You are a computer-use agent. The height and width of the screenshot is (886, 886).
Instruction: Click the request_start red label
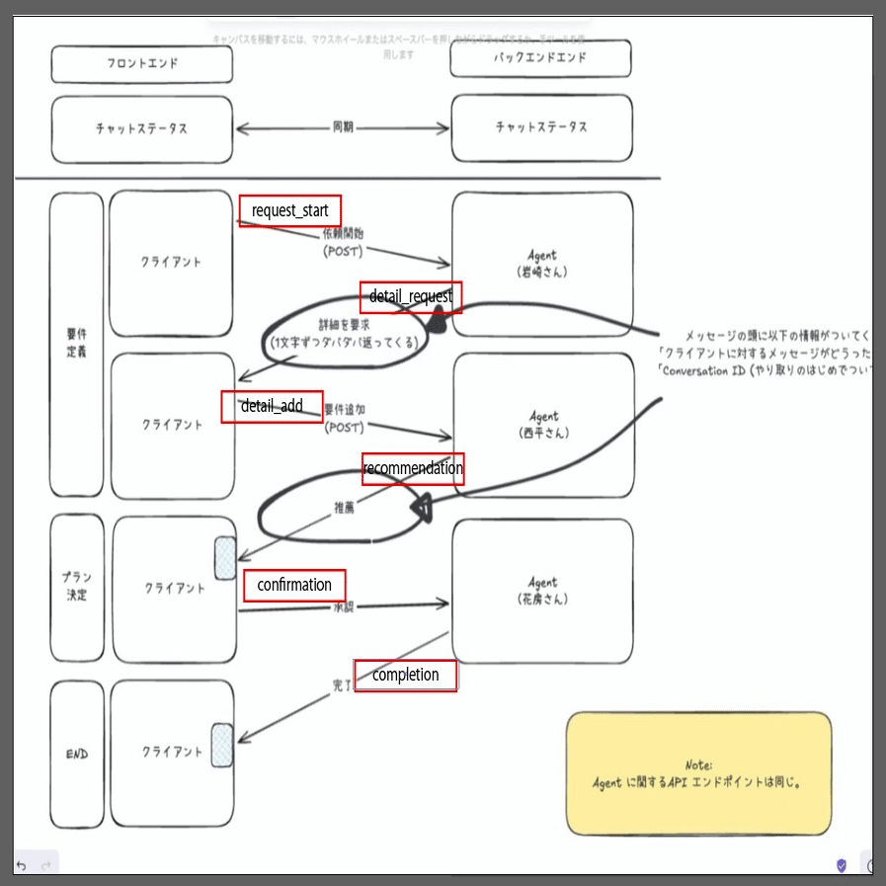click(290, 210)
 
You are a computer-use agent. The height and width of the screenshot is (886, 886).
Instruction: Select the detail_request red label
click(411, 296)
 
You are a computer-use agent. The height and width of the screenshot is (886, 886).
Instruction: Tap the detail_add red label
click(272, 406)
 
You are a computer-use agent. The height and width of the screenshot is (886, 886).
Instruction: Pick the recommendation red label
click(413, 468)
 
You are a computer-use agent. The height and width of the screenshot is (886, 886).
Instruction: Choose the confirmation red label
click(294, 585)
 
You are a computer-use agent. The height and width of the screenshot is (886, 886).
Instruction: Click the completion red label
click(405, 675)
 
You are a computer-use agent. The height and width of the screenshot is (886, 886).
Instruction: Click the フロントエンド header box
click(142, 64)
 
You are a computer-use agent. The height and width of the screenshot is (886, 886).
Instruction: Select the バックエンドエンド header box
click(540, 58)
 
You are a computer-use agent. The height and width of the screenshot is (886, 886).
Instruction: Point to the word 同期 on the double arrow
click(343, 127)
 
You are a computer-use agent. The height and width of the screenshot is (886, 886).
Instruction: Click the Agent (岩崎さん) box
click(542, 264)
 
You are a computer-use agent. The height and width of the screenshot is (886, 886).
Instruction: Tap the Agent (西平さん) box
click(542, 425)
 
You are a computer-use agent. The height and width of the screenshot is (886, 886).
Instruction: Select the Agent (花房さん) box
click(542, 591)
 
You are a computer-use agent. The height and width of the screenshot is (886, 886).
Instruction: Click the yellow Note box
click(698, 773)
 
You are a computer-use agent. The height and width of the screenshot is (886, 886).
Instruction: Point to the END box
click(76, 754)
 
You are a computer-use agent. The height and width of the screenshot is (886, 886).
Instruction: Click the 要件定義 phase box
click(76, 344)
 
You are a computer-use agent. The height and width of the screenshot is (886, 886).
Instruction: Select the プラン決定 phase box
click(76, 588)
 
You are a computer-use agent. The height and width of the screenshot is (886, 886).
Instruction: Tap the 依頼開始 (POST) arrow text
click(344, 243)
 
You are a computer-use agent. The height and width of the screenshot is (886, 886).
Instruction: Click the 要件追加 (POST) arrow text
click(344, 418)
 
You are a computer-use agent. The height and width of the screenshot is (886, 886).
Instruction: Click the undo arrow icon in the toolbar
click(21, 865)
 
